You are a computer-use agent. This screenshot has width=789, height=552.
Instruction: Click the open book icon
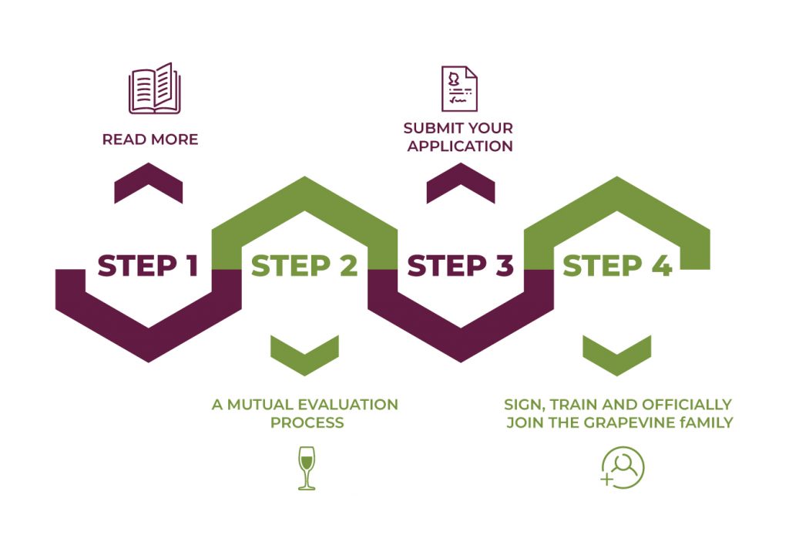153,89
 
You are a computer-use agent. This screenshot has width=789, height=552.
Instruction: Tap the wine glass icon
307,467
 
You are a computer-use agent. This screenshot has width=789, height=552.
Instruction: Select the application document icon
459,88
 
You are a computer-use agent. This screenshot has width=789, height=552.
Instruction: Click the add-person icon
623,468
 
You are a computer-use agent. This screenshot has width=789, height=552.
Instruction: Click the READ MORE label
150,140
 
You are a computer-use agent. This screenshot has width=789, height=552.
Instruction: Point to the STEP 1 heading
148,266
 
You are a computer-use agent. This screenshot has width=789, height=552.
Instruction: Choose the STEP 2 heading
304,266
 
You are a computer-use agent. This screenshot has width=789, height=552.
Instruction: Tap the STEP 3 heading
460,266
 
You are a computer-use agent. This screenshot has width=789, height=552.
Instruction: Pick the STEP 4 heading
617,266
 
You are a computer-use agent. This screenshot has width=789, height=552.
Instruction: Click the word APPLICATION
460,146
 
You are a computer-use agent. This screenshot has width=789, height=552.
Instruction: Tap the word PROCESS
305,422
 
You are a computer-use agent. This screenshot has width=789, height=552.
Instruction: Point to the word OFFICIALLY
687,405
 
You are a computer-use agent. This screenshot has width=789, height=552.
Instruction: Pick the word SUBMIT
431,128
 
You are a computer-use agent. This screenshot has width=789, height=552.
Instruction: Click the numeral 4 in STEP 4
660,266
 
